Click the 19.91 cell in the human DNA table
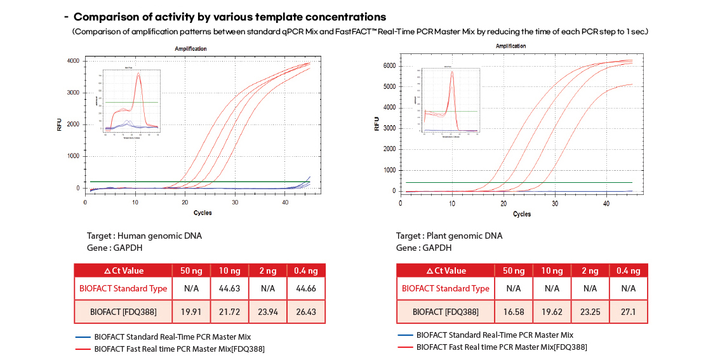coord(191,312)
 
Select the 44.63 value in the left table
coord(229,288)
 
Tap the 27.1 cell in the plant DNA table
coord(628,312)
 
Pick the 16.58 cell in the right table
coord(514,312)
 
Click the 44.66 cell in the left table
coord(306,288)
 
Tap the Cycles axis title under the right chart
coord(522,214)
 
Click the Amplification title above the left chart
coord(190,49)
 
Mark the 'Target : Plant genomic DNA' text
coord(449,236)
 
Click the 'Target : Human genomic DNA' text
coord(143,236)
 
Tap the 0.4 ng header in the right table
coord(628,270)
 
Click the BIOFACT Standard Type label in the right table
coord(445,288)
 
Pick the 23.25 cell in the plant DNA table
coord(590,312)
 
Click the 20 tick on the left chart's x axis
coord(185,202)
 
